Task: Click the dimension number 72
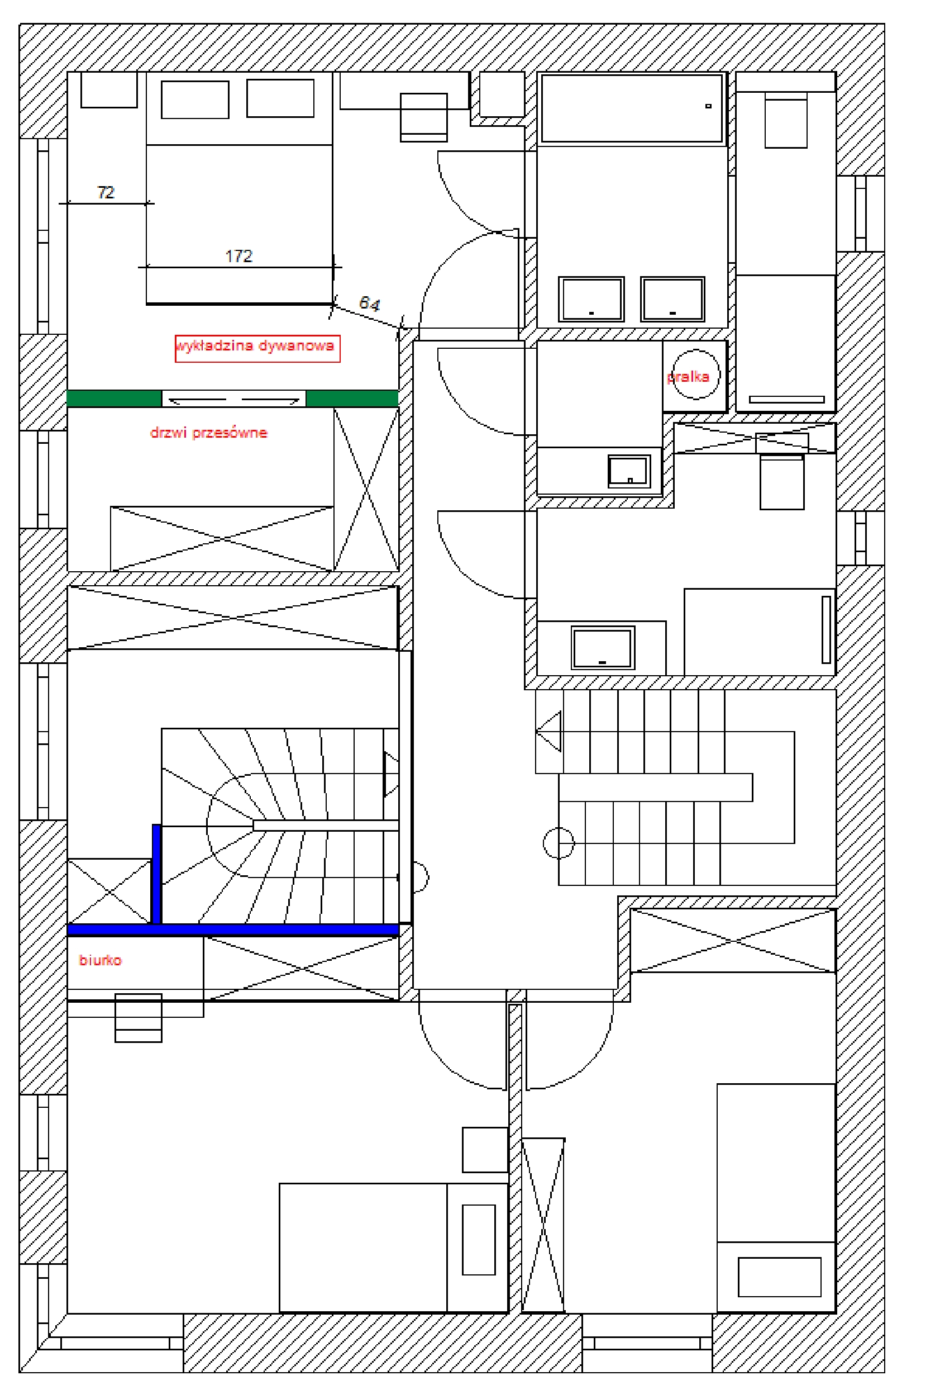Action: [106, 192]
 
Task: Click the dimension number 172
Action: [239, 256]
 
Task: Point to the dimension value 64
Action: [369, 303]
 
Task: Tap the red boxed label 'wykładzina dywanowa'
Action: [257, 348]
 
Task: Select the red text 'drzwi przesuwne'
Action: [209, 432]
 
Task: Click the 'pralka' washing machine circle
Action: [695, 374]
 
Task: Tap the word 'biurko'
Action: [101, 960]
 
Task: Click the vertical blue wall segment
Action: [156, 874]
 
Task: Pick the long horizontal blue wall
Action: [232, 930]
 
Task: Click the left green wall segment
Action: [114, 398]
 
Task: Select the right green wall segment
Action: [352, 398]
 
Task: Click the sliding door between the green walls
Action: [234, 399]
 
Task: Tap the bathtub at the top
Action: [631, 108]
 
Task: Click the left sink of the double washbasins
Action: [591, 298]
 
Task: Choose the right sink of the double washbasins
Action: [672, 298]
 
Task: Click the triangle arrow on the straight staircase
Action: [549, 732]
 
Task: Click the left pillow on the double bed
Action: [194, 99]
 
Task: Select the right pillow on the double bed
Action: [280, 98]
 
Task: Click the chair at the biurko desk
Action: [139, 1018]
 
